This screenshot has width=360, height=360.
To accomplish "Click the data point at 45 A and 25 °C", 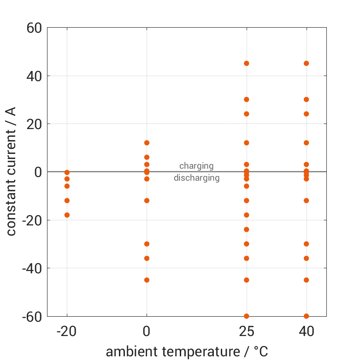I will pyautogui.click(x=247, y=63).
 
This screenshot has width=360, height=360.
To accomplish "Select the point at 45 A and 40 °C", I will pyautogui.click(x=306, y=63).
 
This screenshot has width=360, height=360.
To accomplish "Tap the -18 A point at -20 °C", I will pyautogui.click(x=67, y=215).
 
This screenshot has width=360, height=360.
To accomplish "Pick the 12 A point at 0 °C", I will pyautogui.click(x=147, y=143).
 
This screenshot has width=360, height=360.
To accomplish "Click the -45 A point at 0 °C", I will pyautogui.click(x=147, y=280).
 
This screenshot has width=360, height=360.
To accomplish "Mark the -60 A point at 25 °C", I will pyautogui.click(x=247, y=316).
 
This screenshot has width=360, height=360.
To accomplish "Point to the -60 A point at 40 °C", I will pyautogui.click(x=306, y=316).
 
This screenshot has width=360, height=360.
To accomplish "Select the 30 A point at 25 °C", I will pyautogui.click(x=247, y=100).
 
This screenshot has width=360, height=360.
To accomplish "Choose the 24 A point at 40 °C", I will pyautogui.click(x=306, y=114).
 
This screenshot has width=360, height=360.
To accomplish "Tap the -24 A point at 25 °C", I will pyautogui.click(x=247, y=229).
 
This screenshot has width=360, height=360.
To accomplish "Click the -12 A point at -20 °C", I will pyautogui.click(x=67, y=201).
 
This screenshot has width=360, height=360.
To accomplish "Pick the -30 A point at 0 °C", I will pyautogui.click(x=147, y=244).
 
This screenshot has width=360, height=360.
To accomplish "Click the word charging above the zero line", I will pyautogui.click(x=196, y=166).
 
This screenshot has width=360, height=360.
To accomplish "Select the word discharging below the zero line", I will pyautogui.click(x=196, y=178).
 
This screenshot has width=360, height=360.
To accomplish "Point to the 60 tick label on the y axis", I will pyautogui.click(x=34, y=28).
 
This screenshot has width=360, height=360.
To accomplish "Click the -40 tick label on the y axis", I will pyautogui.click(x=31, y=268).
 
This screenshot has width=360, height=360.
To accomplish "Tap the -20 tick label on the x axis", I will pyautogui.click(x=67, y=331).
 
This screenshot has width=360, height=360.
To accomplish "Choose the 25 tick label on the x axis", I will pyautogui.click(x=247, y=331).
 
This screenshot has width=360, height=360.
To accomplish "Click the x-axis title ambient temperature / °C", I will pyautogui.click(x=187, y=352).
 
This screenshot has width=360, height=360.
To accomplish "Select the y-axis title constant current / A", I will pyautogui.click(x=11, y=171).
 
